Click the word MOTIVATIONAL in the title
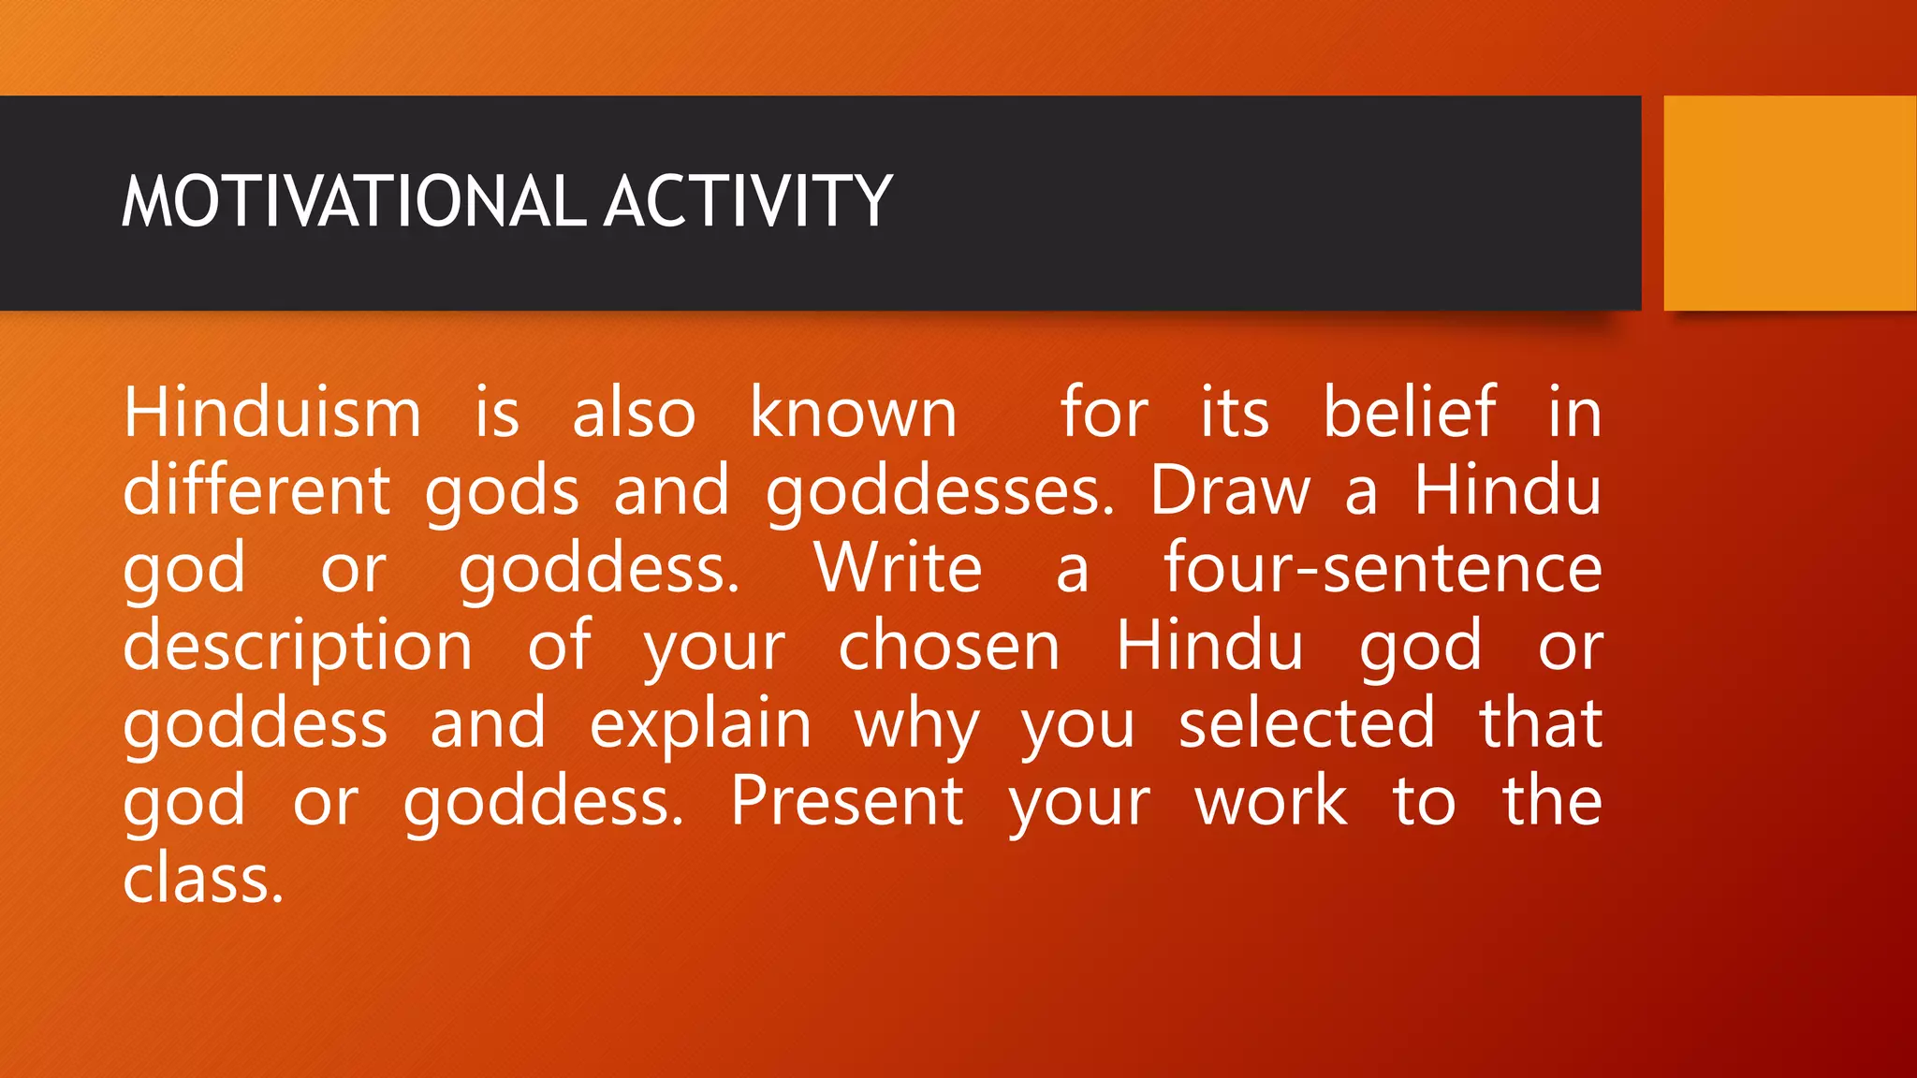[354, 201]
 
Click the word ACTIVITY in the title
[748, 201]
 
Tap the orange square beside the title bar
[1789, 203]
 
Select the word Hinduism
[272, 413]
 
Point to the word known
[853, 413]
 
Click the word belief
[1409, 413]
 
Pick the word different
[256, 490]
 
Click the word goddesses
[940, 492]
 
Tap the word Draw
[1229, 490]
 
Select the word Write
[898, 568]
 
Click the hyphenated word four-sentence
[1383, 568]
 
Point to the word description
[298, 648]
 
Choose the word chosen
[948, 646]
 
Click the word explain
[700, 725]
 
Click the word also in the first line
[634, 413]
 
